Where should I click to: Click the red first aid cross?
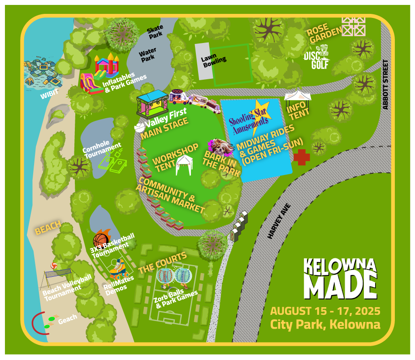point(302,157)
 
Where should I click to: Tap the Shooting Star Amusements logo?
point(249,117)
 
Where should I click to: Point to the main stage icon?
point(152,104)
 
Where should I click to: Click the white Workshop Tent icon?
point(183,165)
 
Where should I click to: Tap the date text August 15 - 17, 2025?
point(325,311)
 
